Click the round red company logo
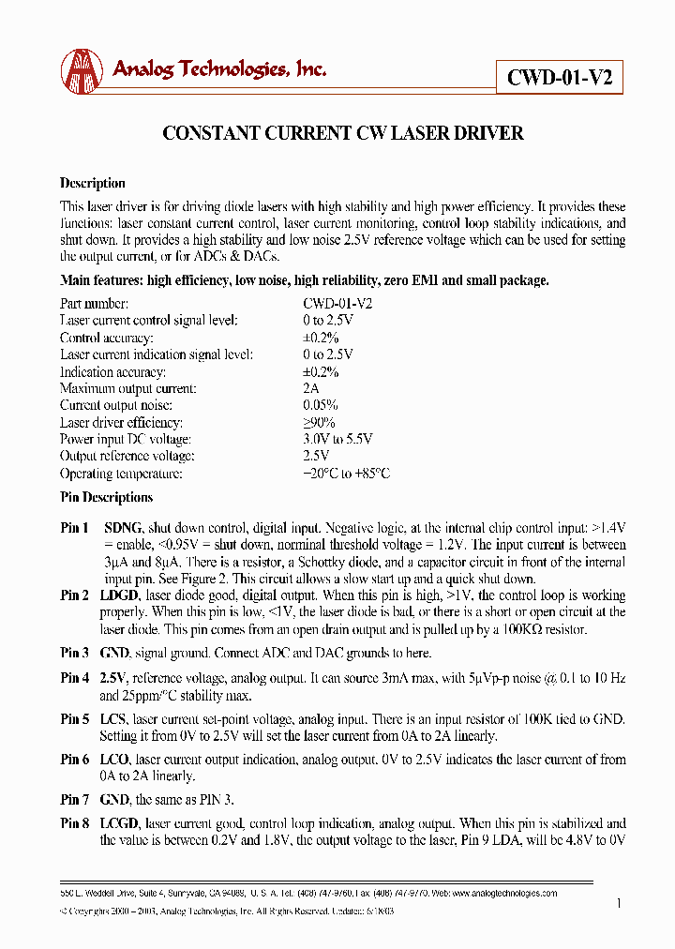82,69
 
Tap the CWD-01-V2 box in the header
560,78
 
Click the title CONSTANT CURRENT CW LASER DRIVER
343,133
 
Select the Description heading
92,184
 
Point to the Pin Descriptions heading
106,498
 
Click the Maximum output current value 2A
310,388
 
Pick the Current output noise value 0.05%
320,405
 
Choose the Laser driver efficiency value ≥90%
318,422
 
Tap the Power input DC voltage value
337,439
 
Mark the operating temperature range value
345,474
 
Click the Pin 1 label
75,528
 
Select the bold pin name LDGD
122,595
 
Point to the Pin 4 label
75,678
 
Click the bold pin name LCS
116,719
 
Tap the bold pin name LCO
117,760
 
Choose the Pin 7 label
75,800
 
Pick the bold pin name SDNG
123,528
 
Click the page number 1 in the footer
620,903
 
